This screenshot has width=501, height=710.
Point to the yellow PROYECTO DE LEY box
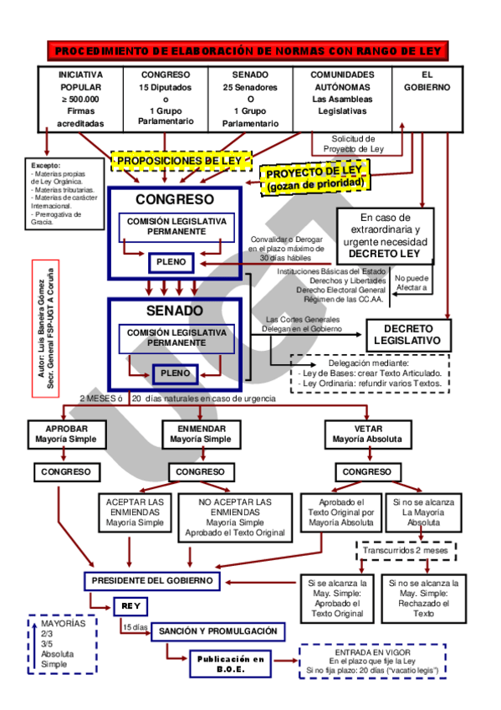tap(314, 177)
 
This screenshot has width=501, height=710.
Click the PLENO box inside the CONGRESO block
tap(171, 263)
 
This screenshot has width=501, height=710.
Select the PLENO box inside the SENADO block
tap(175, 373)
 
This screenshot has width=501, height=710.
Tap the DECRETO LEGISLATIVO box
tap(407, 335)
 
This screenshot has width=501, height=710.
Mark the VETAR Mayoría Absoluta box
tap(367, 433)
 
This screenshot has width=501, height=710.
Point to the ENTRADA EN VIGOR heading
tap(371, 651)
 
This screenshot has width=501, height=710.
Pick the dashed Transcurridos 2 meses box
tap(406, 552)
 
